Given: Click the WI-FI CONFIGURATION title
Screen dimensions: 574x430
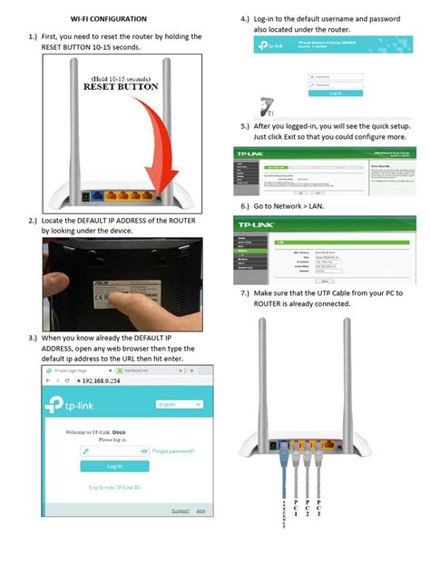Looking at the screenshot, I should pos(108,18).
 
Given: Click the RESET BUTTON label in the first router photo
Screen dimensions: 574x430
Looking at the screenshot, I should pos(122,88).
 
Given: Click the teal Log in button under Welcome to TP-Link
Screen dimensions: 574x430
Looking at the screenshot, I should pos(114,466).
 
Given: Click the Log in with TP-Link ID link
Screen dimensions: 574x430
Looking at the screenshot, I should pos(114,488).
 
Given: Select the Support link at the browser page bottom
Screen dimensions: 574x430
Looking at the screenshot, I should pos(181,511).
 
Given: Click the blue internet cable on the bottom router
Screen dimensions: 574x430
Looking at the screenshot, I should pos(284,472).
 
